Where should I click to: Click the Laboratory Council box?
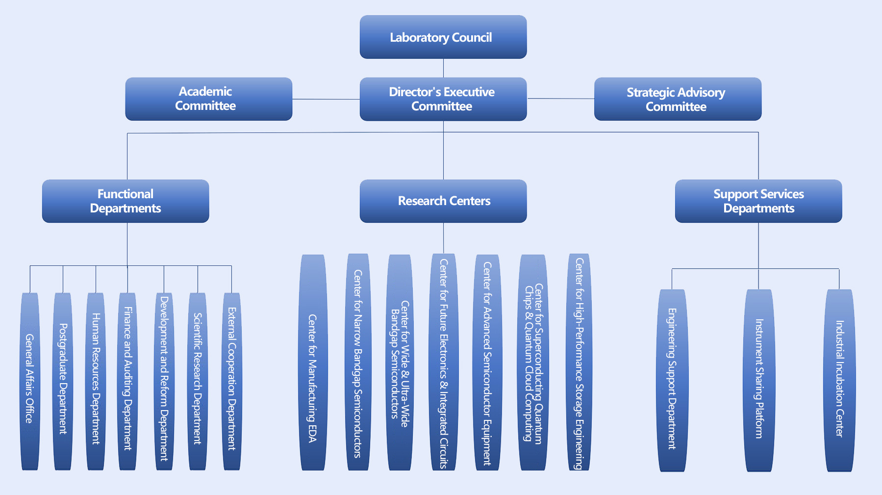(443, 37)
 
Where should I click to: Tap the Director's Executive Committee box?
(443, 99)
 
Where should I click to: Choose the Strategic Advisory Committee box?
(678, 99)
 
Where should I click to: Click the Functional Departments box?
(126, 201)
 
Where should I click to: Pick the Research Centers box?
(443, 201)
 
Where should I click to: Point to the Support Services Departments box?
(758, 201)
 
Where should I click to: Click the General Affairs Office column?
(30, 381)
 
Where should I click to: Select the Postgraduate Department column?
(63, 381)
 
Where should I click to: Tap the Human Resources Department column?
(96, 381)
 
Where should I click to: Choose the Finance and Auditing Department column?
(127, 381)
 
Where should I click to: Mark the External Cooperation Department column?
(231, 381)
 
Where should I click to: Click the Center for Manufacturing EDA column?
(312, 363)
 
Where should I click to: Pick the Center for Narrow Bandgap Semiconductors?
(358, 363)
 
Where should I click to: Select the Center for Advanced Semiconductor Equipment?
(487, 363)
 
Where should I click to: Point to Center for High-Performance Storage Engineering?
(579, 363)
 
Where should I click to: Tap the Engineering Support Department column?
(672, 380)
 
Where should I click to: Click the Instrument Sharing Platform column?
(759, 380)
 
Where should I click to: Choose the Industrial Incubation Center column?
(839, 380)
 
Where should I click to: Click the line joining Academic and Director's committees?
(326, 99)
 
